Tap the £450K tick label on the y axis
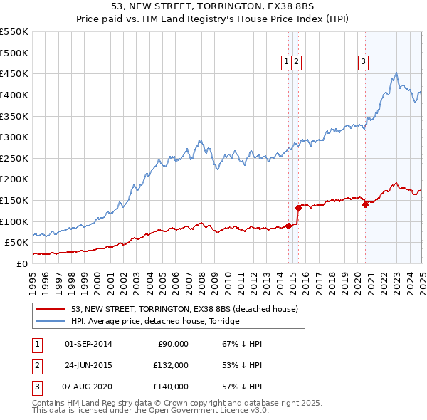point(14,73)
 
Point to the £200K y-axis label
point(14,179)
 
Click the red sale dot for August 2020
point(365,204)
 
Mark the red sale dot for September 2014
point(288,226)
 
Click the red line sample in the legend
point(51,309)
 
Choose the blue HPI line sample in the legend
point(51,321)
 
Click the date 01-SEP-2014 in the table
point(88,344)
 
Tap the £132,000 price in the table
point(171,365)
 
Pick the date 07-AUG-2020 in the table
point(88,387)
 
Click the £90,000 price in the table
point(173,344)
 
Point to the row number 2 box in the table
point(35,365)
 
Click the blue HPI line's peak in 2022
point(396,73)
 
